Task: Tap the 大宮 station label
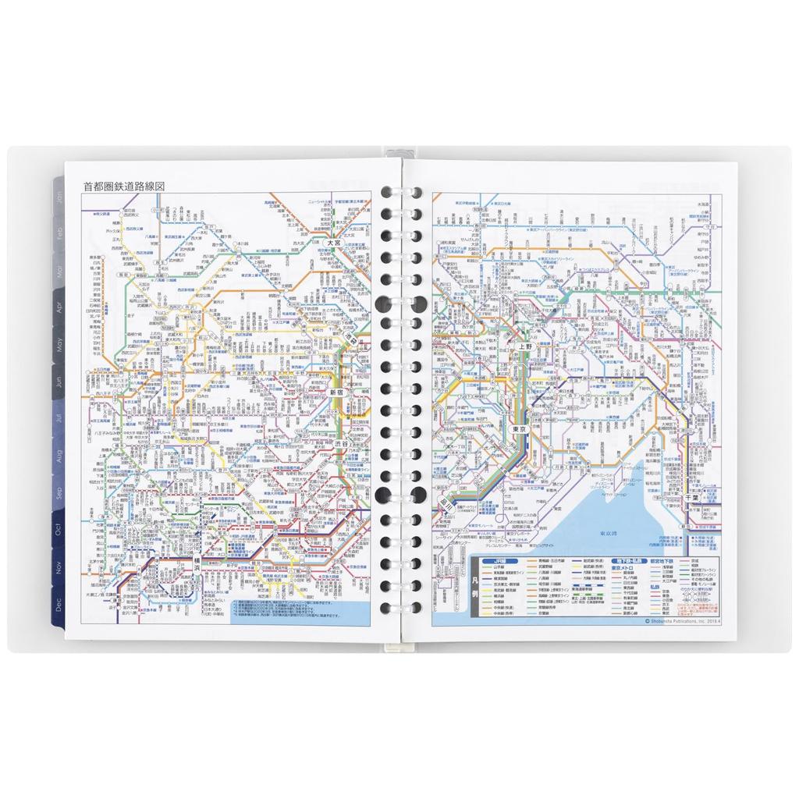335,243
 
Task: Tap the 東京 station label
520,429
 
